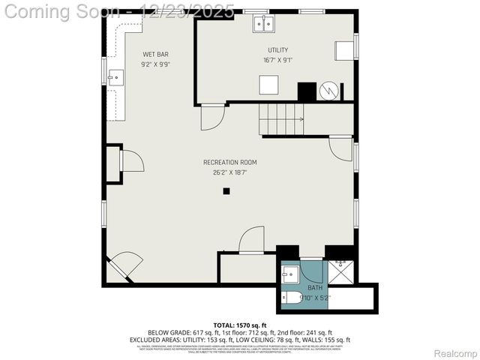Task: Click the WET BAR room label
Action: coord(156,55)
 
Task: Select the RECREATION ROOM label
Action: coord(229,162)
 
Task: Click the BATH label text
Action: coord(314,287)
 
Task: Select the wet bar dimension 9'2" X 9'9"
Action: coord(156,64)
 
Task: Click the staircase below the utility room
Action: coord(282,118)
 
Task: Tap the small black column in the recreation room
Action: coord(226,191)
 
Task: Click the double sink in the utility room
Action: coord(262,24)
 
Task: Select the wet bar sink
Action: coord(115,76)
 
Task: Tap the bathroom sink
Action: coord(291,274)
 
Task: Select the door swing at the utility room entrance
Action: coord(212,117)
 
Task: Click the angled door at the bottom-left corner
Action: coord(124,265)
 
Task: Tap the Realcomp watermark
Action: coord(455,353)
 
